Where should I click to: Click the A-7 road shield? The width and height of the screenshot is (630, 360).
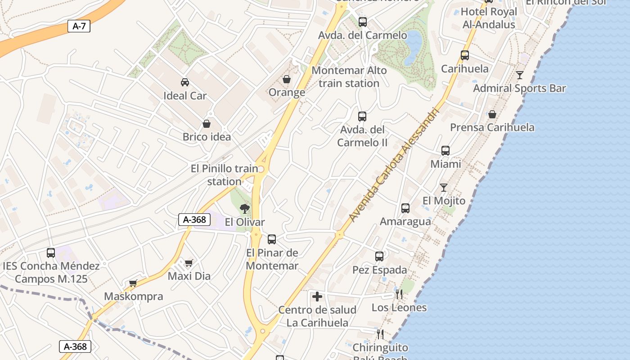[x=79, y=26]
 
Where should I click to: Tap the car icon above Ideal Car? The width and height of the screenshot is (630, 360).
[x=184, y=82]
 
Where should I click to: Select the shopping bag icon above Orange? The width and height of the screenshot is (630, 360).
[x=287, y=79]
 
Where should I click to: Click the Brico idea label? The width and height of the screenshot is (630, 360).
[x=207, y=137]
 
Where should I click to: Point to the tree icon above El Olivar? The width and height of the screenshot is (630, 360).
[x=245, y=208]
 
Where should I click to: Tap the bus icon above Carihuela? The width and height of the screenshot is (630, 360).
[x=465, y=55]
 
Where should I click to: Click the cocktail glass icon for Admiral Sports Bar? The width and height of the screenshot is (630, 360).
[x=520, y=75]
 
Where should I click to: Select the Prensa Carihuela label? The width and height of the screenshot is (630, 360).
[x=492, y=127]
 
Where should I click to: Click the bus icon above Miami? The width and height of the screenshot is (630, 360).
[x=445, y=150]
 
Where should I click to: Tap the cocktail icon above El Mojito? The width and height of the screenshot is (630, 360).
[x=444, y=187]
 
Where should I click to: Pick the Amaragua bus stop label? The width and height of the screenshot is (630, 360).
[x=405, y=221]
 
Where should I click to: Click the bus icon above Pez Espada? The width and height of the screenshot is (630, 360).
[x=379, y=256]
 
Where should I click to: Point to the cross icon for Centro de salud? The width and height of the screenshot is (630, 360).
[x=317, y=297]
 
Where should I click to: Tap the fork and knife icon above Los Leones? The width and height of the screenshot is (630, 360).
[x=399, y=294]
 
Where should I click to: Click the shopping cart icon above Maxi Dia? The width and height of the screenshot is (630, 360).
[x=189, y=263]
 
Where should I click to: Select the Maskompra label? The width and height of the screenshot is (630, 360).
[x=133, y=297]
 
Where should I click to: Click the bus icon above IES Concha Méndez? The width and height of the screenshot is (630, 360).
[x=51, y=253]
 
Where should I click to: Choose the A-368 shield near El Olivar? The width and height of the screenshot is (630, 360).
[x=194, y=220]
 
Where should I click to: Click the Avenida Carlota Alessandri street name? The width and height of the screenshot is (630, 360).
[x=393, y=164]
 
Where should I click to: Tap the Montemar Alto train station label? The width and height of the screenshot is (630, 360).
[x=349, y=77]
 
